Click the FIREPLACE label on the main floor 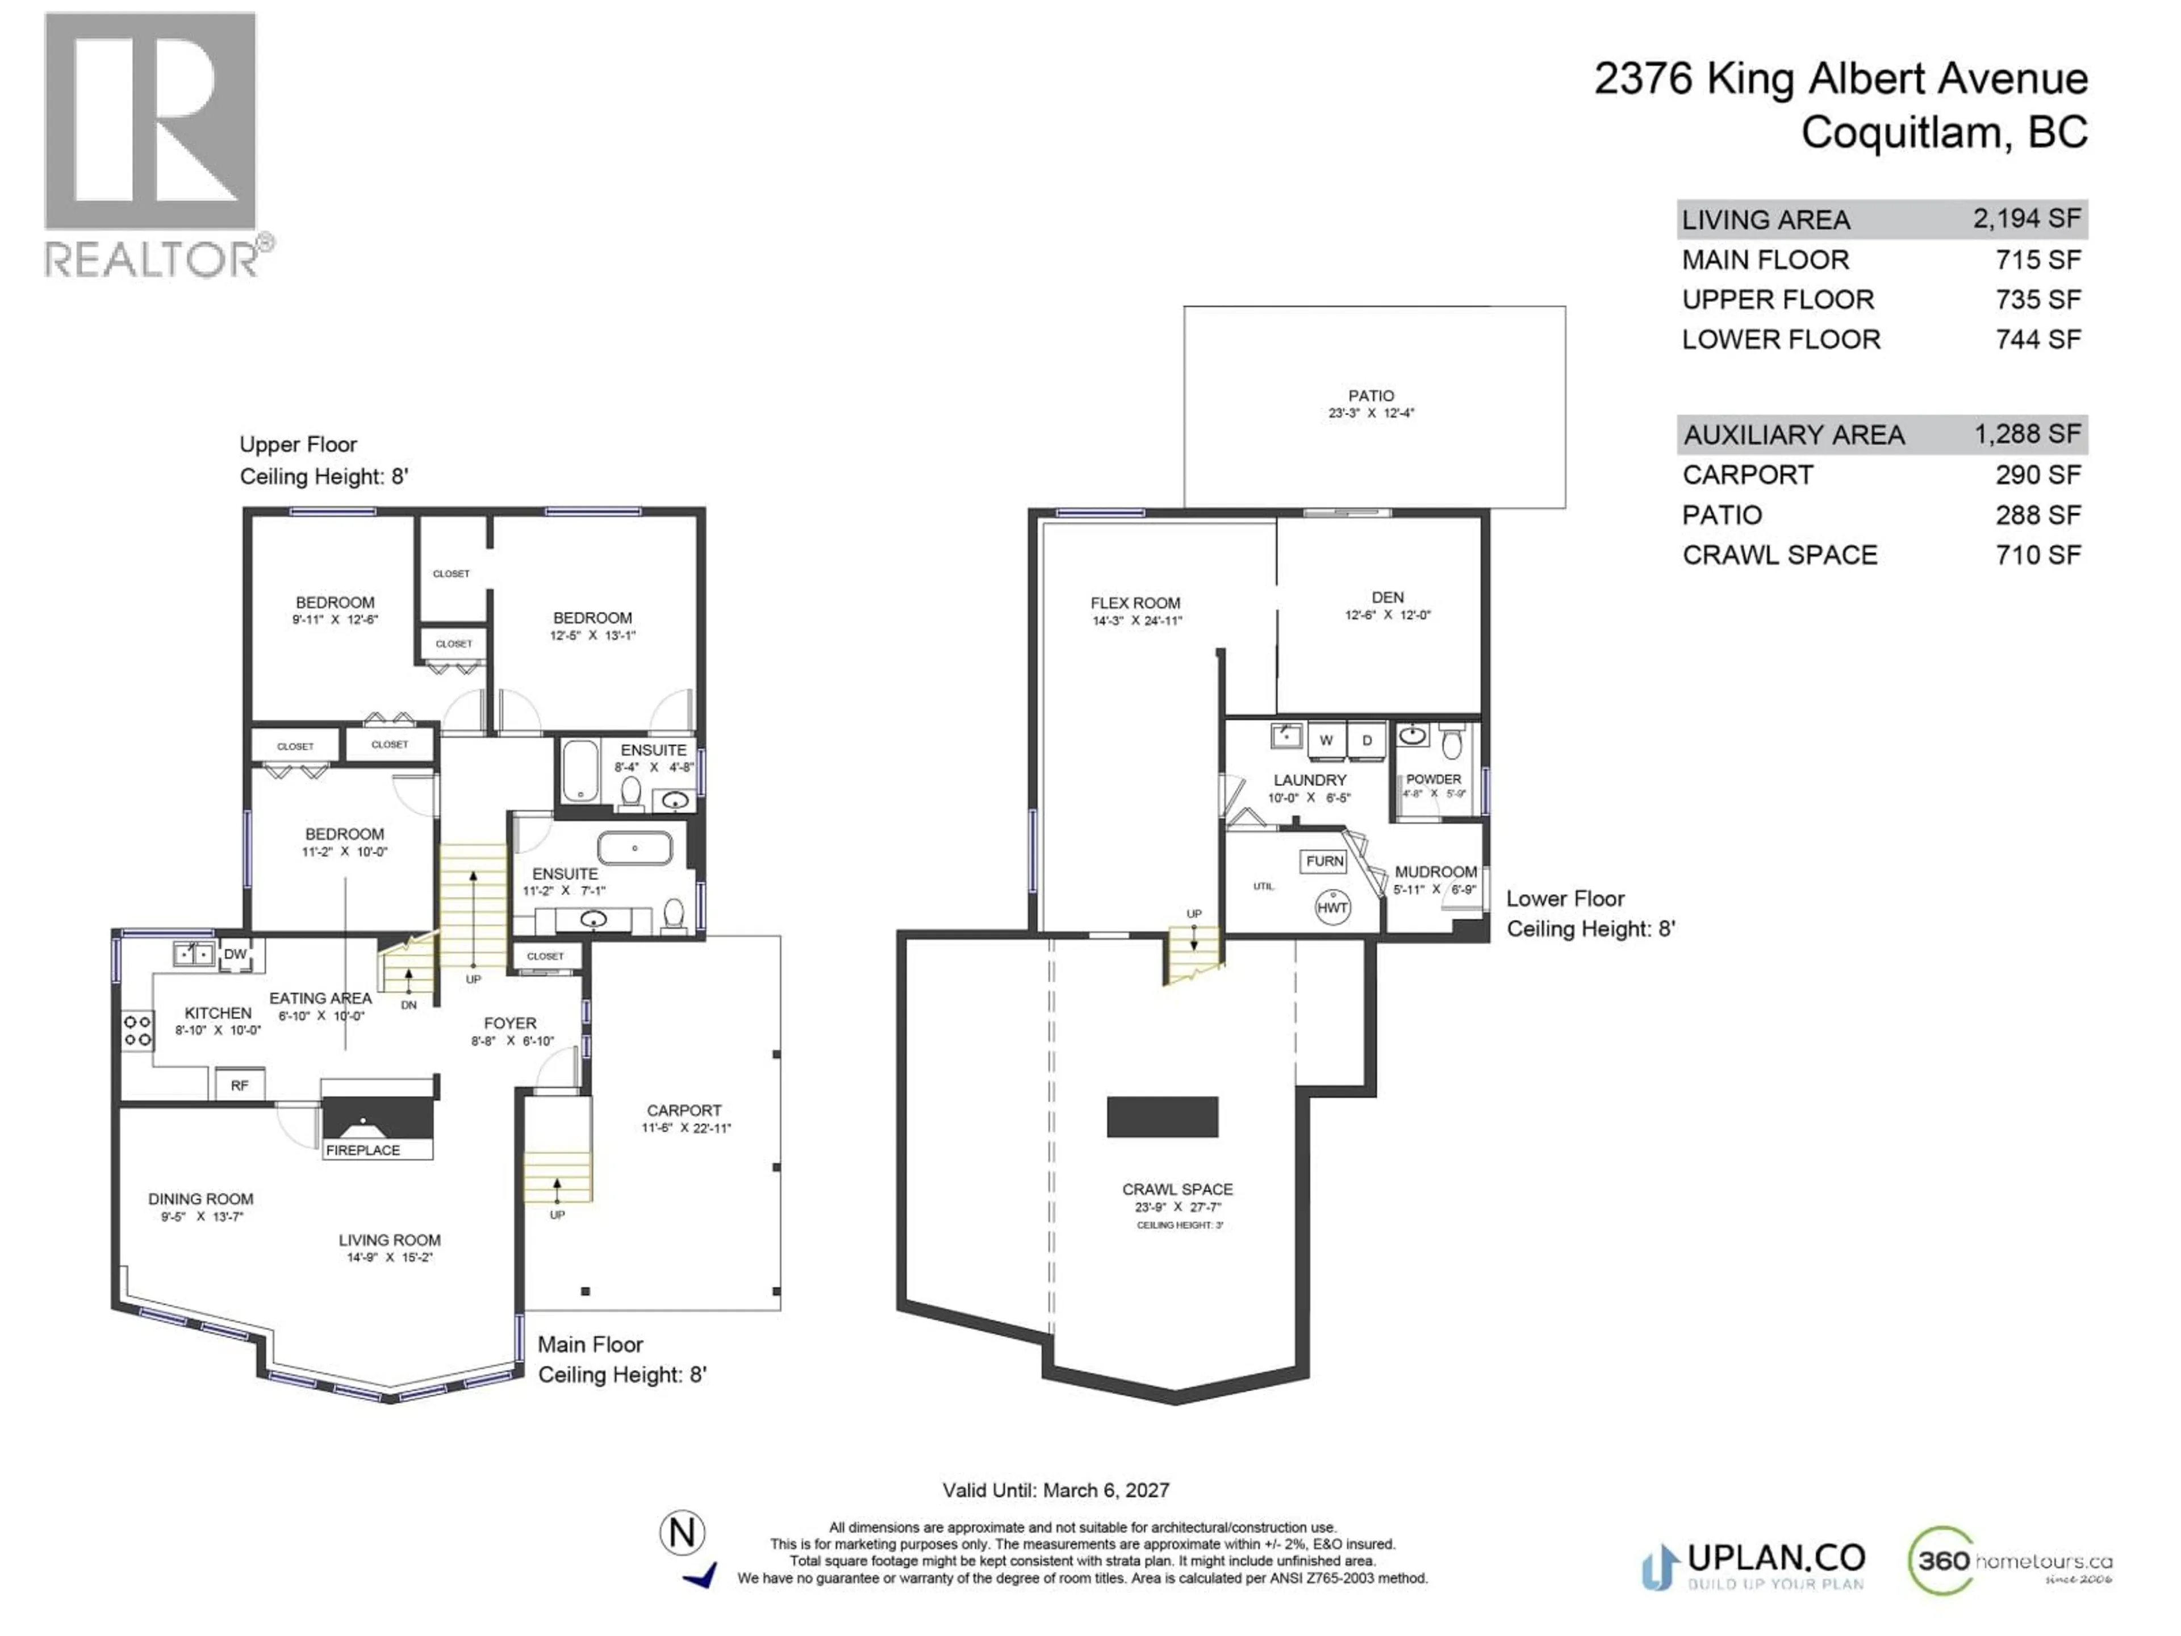click(363, 1150)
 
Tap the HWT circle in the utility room click(1332, 907)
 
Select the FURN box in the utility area click(1324, 861)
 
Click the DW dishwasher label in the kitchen click(235, 954)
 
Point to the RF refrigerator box click(240, 1085)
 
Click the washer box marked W click(1326, 740)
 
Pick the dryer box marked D click(1367, 740)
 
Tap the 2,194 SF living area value click(2026, 219)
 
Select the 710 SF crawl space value click(2038, 554)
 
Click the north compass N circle click(682, 1533)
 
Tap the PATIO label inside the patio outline click(1371, 395)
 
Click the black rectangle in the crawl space click(1163, 1116)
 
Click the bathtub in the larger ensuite click(635, 848)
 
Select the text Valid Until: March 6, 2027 click(1055, 1490)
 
